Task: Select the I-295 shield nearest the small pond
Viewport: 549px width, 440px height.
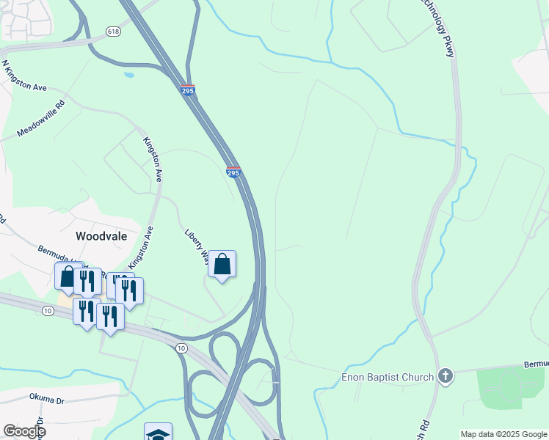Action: coord(188,89)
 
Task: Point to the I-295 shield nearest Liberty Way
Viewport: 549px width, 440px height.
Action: coord(233,172)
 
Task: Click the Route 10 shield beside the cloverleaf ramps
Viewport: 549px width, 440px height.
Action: coord(181,348)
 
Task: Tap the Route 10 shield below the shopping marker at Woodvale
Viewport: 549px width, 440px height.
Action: coord(48,311)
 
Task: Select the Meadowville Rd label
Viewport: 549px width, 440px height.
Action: coord(41,119)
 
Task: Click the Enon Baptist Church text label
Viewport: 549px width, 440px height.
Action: coord(388,378)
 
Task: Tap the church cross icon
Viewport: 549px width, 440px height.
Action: coord(444,377)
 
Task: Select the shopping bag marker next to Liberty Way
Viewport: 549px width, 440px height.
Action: coord(222,265)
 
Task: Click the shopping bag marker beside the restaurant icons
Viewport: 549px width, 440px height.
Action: coord(68,276)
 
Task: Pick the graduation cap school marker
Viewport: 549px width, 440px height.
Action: coord(158,433)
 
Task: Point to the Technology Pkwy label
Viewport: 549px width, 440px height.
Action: coord(438,27)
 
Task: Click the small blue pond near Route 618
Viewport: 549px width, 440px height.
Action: coord(129,75)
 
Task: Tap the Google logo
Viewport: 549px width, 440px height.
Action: coord(24,431)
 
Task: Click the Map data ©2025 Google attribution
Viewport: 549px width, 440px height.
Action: coord(503,434)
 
